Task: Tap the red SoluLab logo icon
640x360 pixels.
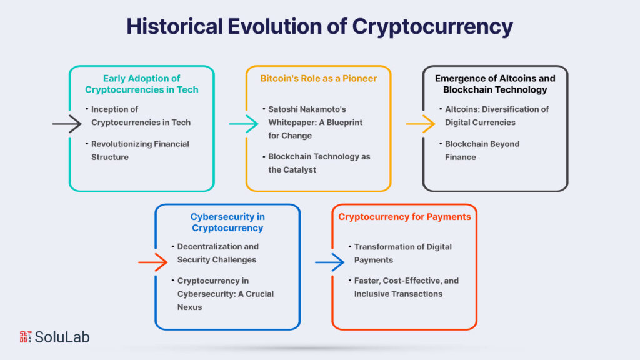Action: click(x=26, y=337)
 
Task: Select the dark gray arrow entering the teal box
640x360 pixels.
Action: click(x=67, y=124)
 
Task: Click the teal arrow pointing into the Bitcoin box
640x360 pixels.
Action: click(x=243, y=124)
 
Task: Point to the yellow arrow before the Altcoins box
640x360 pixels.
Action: click(x=420, y=124)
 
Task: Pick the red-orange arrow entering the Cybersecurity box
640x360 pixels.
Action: click(x=152, y=262)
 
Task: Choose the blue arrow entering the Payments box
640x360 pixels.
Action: click(x=329, y=262)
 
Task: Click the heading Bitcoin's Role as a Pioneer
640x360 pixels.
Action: click(x=318, y=79)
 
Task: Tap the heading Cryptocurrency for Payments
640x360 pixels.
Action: click(x=404, y=217)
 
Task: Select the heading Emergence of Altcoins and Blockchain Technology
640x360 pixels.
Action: click(x=495, y=84)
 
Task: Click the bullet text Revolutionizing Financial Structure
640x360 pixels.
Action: click(x=140, y=150)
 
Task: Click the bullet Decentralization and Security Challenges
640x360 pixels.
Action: click(x=217, y=252)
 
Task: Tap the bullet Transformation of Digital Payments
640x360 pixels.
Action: click(x=402, y=252)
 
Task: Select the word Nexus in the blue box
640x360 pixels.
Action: click(x=189, y=307)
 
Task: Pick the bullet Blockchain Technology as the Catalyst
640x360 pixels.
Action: click(x=319, y=162)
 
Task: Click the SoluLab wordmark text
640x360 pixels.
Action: click(x=62, y=337)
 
